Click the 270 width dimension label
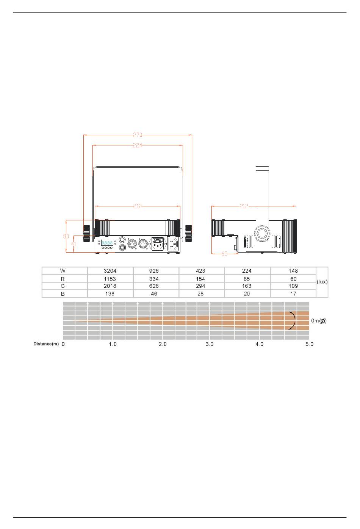(x=137, y=135)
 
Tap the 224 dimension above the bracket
(x=137, y=145)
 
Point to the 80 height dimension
(x=66, y=236)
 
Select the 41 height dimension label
(x=74, y=244)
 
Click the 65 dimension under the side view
(x=224, y=254)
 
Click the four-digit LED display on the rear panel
(x=107, y=243)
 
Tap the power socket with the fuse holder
(x=158, y=244)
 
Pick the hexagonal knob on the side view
(x=262, y=234)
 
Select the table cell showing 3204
(x=110, y=271)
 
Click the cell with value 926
(x=154, y=271)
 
